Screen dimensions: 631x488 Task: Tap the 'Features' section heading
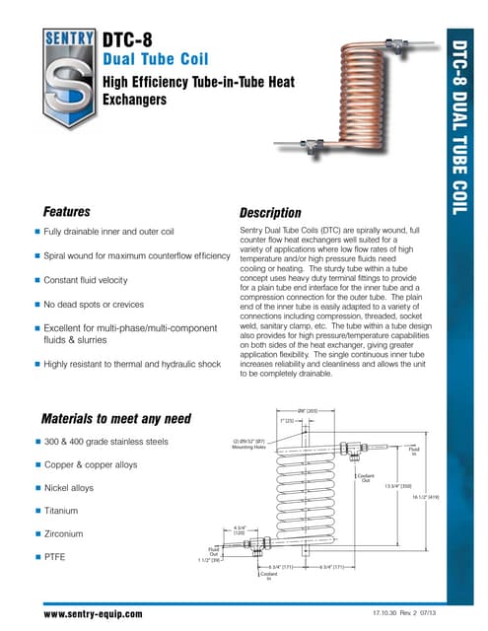67,212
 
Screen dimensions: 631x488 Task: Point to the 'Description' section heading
270,213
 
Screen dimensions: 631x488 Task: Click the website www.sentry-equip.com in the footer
93,613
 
